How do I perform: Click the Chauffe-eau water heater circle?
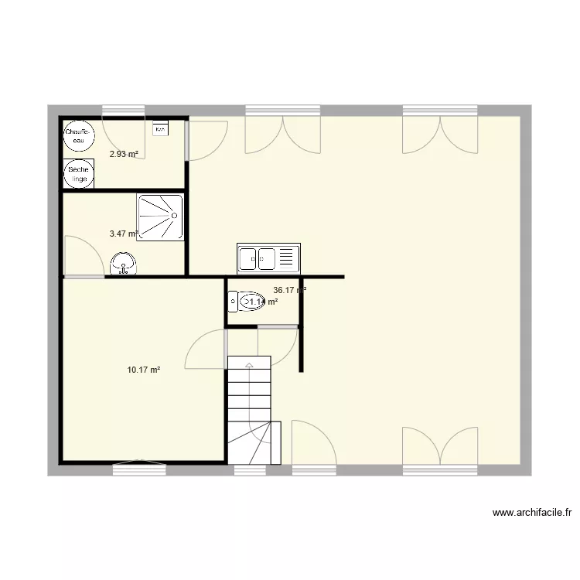tap(78, 137)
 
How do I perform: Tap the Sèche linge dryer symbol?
tap(78, 174)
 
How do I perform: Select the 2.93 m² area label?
tap(124, 154)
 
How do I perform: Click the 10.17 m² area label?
tap(144, 370)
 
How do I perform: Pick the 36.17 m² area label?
tap(290, 291)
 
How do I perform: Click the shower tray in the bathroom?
tap(160, 217)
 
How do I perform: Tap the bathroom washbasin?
tap(123, 264)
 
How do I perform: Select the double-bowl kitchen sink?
tap(268, 258)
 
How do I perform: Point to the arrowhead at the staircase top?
tap(249, 363)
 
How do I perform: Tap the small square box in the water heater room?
tap(161, 130)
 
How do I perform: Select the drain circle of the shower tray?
tap(160, 217)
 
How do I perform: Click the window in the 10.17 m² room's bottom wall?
tap(139, 466)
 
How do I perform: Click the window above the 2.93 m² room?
tap(124, 110)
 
